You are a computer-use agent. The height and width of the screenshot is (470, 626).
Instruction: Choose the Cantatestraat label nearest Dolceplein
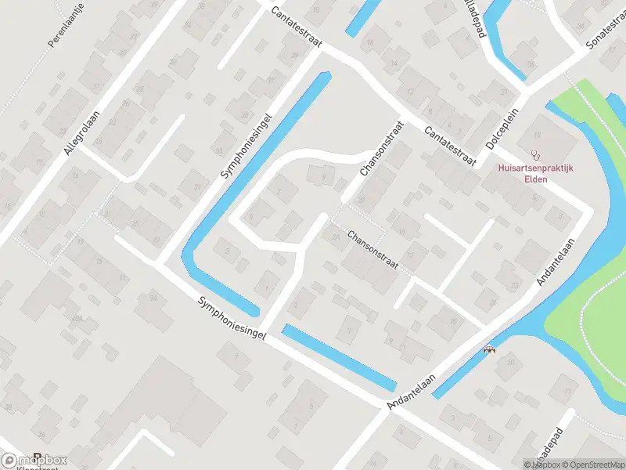click(450, 145)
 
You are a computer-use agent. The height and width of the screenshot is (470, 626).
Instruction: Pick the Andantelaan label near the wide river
click(555, 262)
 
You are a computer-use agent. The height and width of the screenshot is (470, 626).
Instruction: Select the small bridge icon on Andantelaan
click(491, 349)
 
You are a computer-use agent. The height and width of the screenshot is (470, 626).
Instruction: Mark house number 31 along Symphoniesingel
click(196, 186)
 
